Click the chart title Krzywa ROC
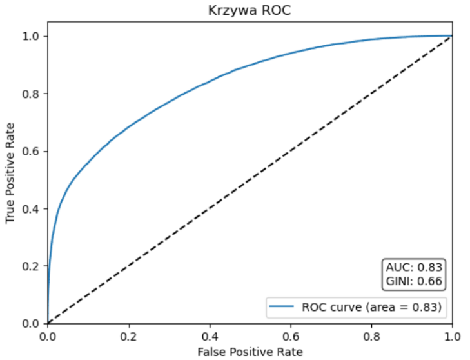(x=250, y=10)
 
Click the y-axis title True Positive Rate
(x=10, y=179)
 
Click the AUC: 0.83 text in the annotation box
(x=415, y=268)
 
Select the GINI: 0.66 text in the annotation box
(x=415, y=281)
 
